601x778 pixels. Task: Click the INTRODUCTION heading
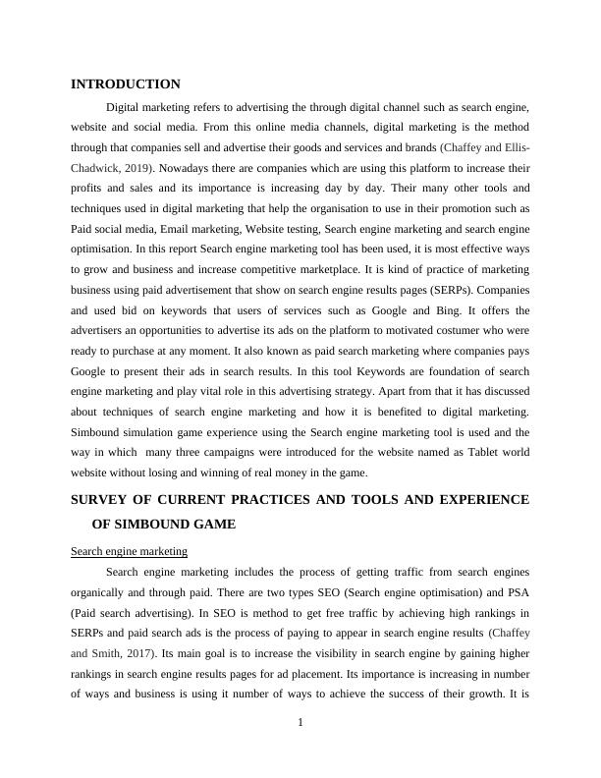point(125,84)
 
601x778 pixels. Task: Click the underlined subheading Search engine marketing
point(129,551)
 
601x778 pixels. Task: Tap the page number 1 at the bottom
point(300,723)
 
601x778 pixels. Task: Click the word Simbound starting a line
point(97,431)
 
